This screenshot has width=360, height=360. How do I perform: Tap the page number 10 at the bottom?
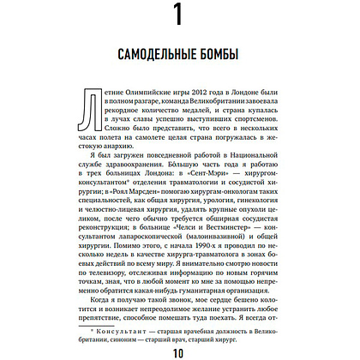pyautogui.click(x=179, y=350)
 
